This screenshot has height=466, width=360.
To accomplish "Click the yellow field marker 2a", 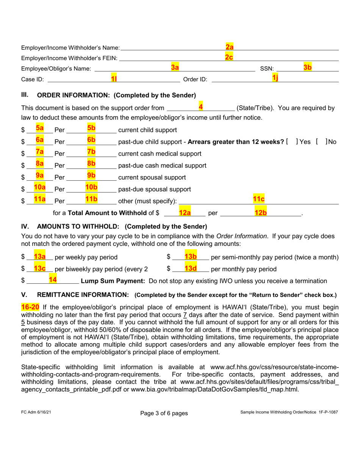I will coord(229,47).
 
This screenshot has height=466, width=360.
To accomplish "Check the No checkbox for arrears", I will coord(321,142).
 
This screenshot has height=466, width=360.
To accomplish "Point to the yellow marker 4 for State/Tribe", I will coord(200,107).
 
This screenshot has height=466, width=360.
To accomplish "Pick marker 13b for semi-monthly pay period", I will coord(190,256).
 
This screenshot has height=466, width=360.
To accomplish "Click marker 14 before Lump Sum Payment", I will coord(53,280).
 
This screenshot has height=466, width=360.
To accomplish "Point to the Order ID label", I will coord(195,80).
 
